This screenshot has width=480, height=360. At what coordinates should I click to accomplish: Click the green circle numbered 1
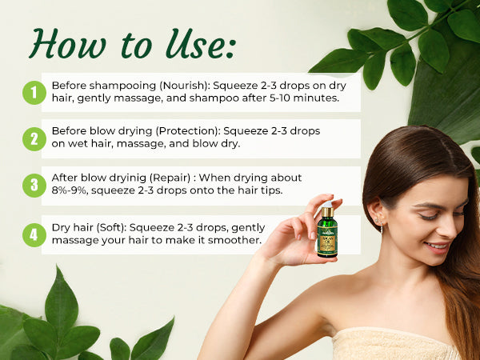[x=34, y=93]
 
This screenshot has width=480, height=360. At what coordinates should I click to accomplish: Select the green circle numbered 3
[x=34, y=186]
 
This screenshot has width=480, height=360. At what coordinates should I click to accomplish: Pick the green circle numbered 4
[x=34, y=235]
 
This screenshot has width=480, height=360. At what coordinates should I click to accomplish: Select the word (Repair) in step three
[x=168, y=177]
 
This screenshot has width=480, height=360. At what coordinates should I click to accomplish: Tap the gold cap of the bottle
[x=327, y=213]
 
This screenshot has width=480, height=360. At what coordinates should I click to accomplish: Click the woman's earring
[x=382, y=228]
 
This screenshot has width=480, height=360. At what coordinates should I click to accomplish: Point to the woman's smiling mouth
[x=436, y=247]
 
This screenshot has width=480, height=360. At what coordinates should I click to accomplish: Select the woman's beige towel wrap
[x=392, y=344]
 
